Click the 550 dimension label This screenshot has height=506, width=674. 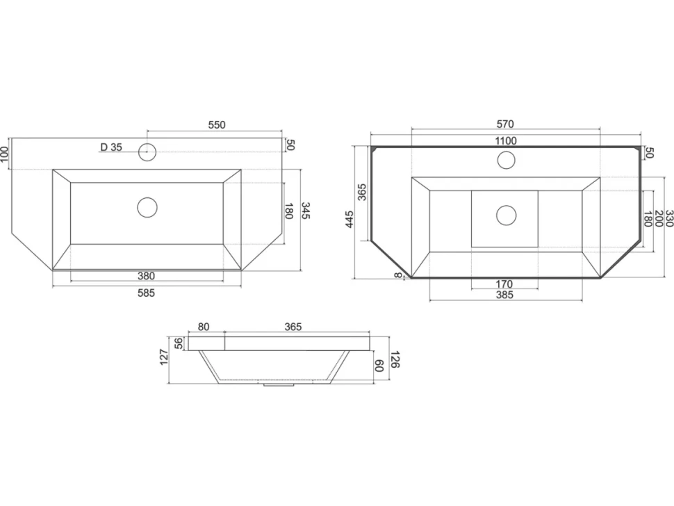tap(217, 124)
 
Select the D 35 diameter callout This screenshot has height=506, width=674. tap(111, 147)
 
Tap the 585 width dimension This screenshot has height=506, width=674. tap(146, 293)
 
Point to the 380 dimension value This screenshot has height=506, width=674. tap(146, 276)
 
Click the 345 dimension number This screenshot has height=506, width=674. tap(305, 211)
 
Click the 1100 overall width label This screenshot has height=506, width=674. tap(506, 140)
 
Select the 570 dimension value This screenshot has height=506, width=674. tap(505, 124)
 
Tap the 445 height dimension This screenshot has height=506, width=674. tap(349, 219)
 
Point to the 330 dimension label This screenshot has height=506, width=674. tap(669, 218)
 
